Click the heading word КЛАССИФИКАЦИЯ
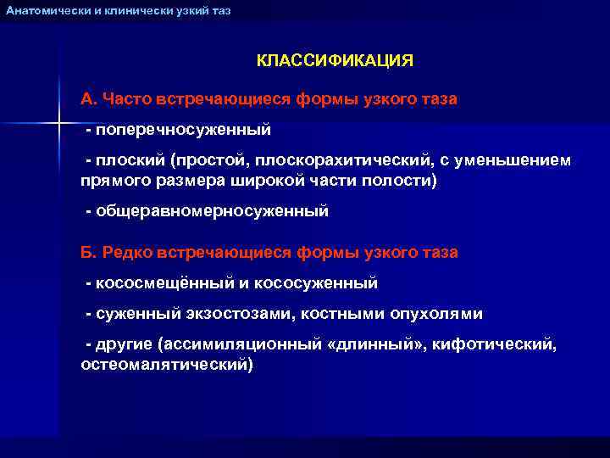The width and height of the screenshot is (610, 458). pos(335,61)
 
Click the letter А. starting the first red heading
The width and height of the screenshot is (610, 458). pos(88,99)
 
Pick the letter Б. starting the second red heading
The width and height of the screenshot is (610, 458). pos(88,253)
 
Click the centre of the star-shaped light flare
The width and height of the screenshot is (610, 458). pos(58,124)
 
